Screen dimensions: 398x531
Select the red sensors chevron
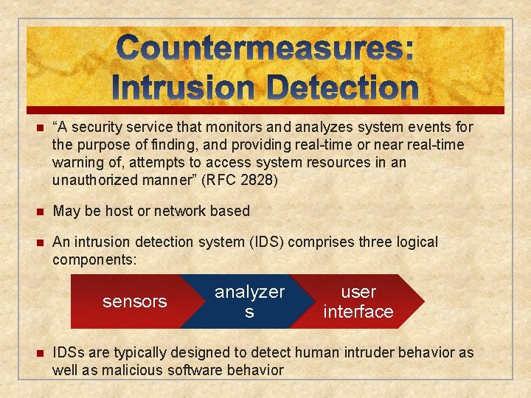[x=133, y=301]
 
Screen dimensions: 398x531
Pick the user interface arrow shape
[x=358, y=301]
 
